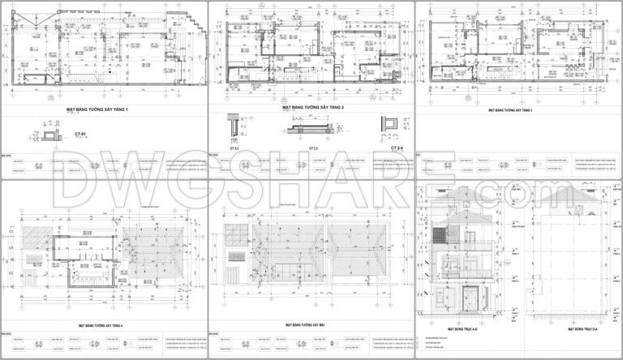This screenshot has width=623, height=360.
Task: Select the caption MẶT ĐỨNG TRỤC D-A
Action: pos(580,330)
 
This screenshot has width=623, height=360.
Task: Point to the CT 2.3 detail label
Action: pos(313,149)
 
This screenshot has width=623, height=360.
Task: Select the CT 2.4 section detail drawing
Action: pos(393,124)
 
